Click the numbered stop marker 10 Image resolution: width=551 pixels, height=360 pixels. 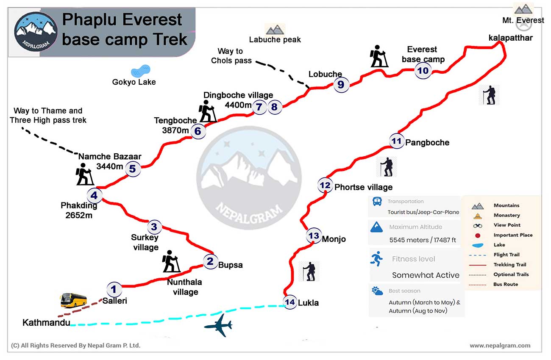pos(423,71)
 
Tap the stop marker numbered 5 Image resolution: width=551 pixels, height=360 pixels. pos(133,169)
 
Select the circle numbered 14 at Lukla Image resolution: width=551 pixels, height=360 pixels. pos(290,302)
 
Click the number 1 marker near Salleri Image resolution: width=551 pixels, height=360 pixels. pos(114,289)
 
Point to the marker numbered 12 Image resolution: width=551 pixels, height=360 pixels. pos(325,185)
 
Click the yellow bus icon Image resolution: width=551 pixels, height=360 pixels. pos(74,300)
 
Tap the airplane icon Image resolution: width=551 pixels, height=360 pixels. pos(218,325)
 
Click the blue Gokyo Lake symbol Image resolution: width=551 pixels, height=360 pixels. pos(140,71)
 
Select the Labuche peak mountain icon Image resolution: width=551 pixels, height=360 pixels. pos(275,30)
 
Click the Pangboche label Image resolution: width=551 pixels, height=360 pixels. pos(427,143)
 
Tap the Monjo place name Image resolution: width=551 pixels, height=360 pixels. pos(334,239)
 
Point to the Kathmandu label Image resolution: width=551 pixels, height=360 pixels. pos(46,322)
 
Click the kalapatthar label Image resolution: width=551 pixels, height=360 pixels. pos(510,38)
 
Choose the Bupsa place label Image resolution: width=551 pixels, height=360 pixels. pos(230,265)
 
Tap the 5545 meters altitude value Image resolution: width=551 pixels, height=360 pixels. pos(409,240)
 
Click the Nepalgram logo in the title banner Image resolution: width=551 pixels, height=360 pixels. pos(36,31)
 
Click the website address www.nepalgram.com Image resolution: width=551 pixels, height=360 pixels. pos(500,346)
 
